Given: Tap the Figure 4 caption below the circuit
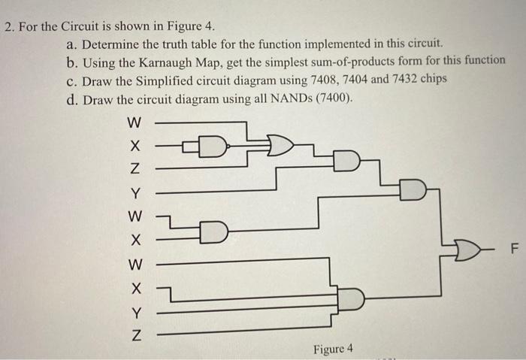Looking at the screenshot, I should [333, 349].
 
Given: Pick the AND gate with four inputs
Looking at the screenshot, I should [350, 300].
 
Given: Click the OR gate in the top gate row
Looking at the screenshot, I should [277, 145].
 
